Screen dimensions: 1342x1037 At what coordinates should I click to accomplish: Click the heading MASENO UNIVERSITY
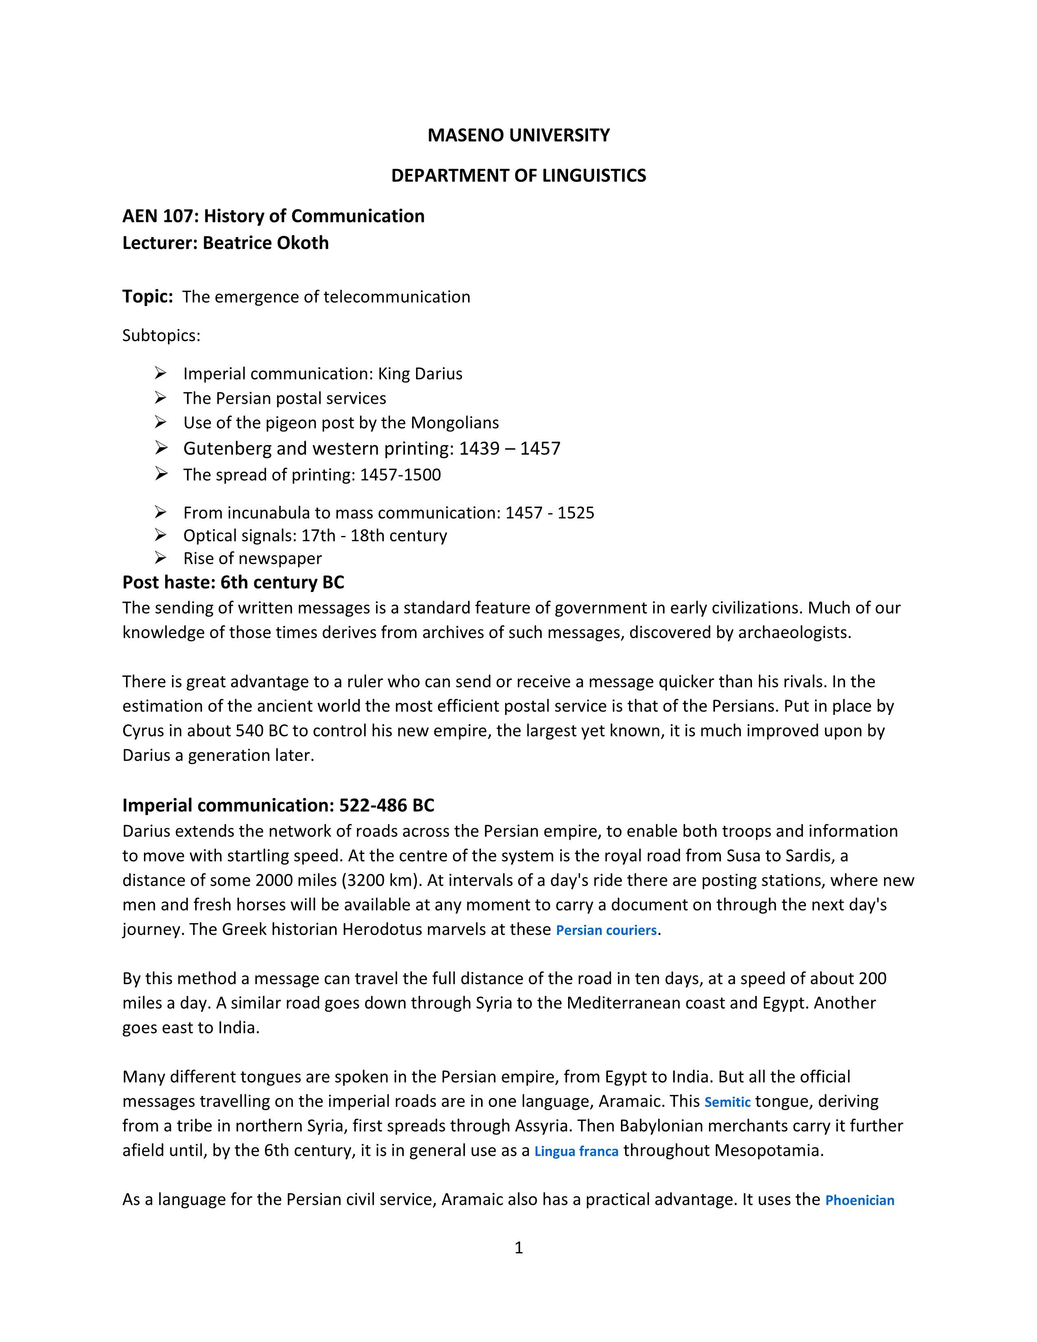[x=518, y=135]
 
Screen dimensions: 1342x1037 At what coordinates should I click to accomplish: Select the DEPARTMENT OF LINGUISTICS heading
[x=518, y=176]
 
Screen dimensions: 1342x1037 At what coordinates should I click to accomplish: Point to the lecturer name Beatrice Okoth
[x=266, y=243]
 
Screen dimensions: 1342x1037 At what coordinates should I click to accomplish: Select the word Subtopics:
[x=161, y=335]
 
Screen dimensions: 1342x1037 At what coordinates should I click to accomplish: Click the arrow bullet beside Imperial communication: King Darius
[x=160, y=373]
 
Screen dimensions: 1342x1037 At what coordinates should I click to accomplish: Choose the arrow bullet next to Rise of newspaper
[x=160, y=558]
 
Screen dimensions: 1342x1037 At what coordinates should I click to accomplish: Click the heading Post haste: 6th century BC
[x=233, y=582]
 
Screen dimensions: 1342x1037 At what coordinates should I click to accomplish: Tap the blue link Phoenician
[x=859, y=1200]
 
